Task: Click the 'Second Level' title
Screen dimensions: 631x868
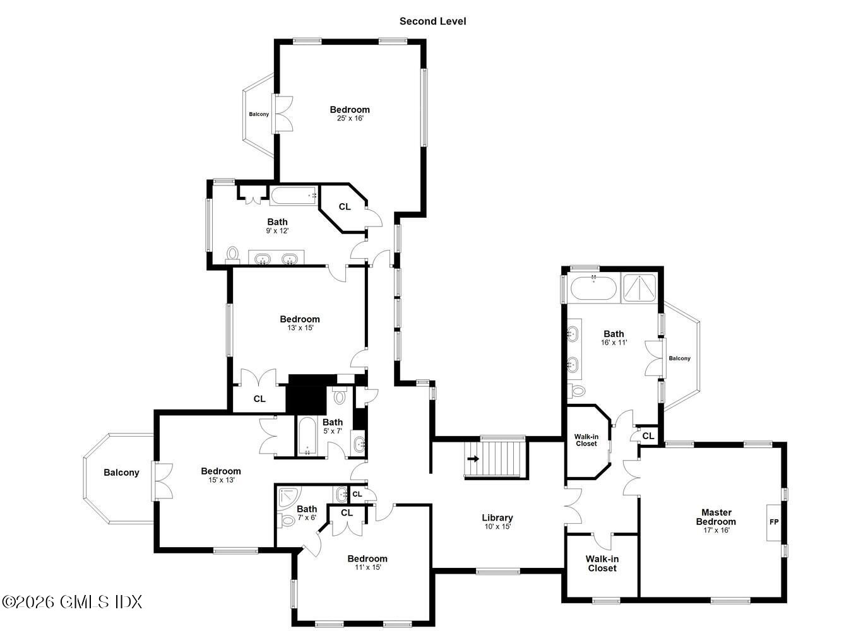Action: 432,21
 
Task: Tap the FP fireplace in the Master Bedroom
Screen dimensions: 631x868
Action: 774,522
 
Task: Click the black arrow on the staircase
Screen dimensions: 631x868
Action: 472,459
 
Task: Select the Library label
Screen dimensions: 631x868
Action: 497,518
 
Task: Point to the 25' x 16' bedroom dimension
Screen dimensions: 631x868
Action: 350,118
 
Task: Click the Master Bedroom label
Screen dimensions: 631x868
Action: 716,517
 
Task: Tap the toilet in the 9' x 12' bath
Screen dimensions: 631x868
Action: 233,254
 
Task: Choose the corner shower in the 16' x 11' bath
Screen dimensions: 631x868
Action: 640,288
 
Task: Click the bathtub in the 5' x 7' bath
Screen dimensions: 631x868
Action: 307,435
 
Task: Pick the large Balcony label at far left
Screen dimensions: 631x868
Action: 121,473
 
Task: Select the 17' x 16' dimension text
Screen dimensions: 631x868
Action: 716,530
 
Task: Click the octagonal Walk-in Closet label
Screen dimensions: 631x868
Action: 586,440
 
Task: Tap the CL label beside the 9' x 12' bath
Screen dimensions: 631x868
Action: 345,207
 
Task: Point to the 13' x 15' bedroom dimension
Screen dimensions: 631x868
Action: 300,328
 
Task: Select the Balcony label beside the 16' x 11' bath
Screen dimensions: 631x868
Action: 679,358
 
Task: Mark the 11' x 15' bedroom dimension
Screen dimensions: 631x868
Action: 367,567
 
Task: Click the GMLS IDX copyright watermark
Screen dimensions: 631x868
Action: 72,602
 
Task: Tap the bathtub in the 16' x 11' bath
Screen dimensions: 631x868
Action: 593,289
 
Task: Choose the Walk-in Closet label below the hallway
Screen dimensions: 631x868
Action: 602,563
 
